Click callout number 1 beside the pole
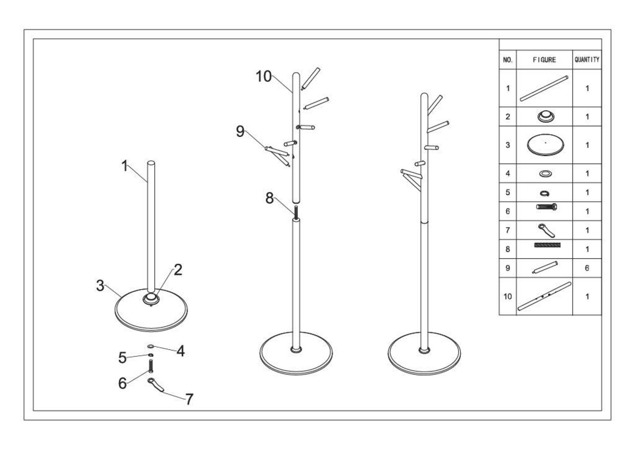125,167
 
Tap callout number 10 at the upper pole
264,76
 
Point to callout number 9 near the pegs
241,132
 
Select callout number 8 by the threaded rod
269,198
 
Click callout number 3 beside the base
101,286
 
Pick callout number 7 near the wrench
189,399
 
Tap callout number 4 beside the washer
181,351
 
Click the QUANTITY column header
587,60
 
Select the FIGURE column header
544,60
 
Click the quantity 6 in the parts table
587,268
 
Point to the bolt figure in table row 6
546,207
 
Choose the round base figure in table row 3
545,145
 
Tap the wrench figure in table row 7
546,230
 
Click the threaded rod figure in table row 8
547,245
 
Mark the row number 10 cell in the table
508,296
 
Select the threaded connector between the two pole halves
296,212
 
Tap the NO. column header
508,60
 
